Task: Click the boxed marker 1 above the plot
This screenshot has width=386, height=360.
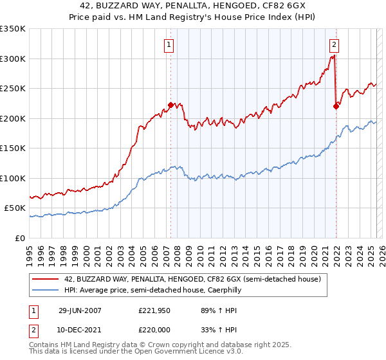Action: (x=169, y=45)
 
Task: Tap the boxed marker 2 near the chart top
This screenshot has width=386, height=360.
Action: (x=335, y=45)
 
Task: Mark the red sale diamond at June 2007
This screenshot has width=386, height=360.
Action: (x=170, y=105)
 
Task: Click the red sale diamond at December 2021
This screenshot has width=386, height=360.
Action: (x=336, y=107)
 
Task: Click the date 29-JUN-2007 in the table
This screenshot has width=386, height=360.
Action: (x=80, y=310)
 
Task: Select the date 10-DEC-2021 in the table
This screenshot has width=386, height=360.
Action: (x=80, y=329)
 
